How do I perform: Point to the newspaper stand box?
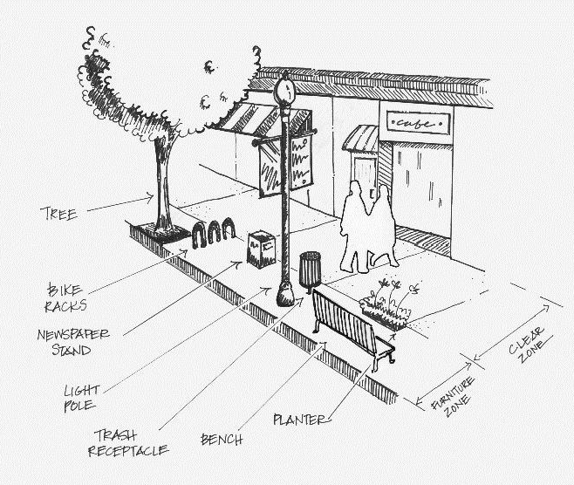click(261, 249)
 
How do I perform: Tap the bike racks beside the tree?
click(215, 232)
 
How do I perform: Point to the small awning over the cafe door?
click(360, 138)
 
